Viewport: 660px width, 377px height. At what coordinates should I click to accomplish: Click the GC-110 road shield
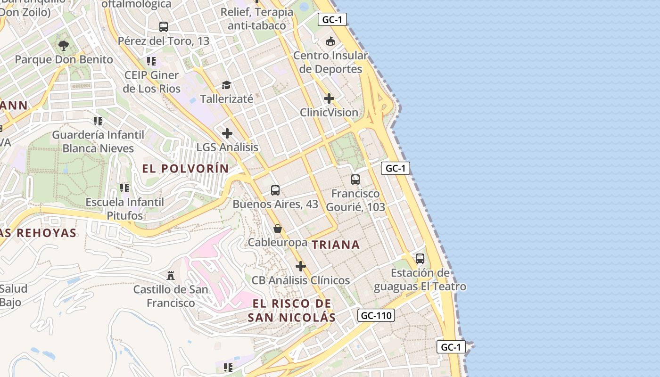376,315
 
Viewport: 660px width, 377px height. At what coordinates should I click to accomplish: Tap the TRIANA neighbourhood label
336,245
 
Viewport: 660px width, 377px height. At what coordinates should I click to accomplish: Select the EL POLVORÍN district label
185,168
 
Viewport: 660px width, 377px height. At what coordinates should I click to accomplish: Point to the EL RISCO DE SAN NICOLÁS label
292,310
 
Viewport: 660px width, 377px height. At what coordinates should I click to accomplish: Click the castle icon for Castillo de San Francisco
171,275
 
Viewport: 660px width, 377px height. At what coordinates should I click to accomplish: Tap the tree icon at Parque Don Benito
64,46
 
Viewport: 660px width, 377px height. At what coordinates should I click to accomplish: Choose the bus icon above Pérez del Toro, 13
164,27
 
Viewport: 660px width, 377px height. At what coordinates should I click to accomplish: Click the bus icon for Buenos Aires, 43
275,190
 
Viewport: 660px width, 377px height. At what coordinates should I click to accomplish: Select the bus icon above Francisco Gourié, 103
355,180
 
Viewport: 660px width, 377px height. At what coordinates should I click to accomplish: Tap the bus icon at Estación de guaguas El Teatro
420,259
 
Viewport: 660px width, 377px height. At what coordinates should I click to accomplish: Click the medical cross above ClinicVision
329,98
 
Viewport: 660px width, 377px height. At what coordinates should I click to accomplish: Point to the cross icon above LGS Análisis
227,133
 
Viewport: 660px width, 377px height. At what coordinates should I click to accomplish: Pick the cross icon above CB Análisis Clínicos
300,266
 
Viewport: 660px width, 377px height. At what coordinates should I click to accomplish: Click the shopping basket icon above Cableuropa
278,229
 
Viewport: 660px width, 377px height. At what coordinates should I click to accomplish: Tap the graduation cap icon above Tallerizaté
227,85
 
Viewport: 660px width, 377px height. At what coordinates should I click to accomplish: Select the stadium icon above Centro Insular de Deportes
330,41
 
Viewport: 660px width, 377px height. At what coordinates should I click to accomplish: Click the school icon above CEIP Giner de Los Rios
151,61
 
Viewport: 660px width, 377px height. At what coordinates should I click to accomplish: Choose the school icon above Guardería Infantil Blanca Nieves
98,121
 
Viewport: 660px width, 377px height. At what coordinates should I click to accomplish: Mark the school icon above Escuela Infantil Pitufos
124,188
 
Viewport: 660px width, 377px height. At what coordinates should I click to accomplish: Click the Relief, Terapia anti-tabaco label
257,18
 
